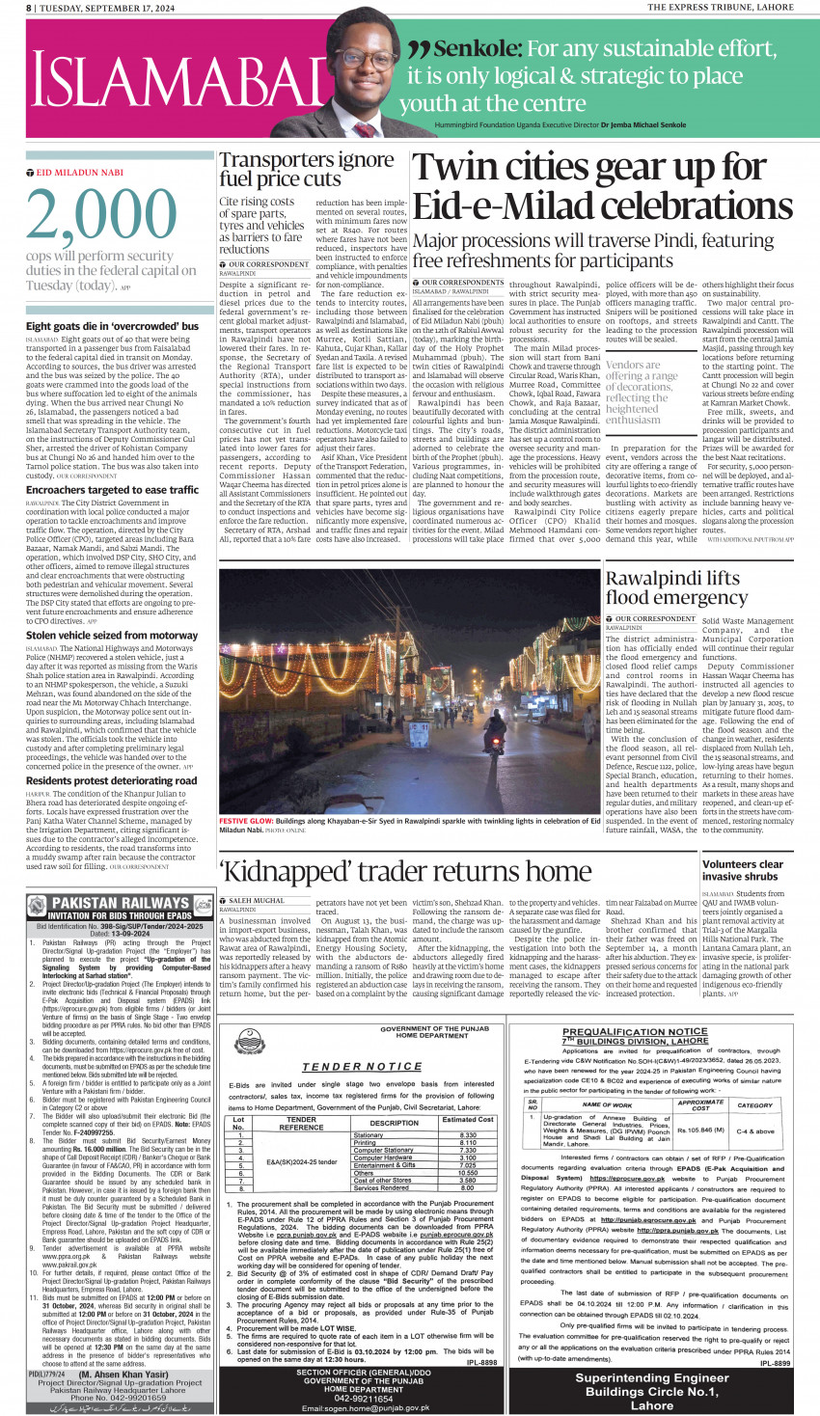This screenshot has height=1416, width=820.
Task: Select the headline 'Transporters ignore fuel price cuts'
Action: [x=306, y=169]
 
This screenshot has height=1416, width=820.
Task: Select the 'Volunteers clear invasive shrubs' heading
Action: [x=742, y=870]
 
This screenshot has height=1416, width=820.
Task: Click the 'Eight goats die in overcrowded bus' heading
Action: [x=112, y=326]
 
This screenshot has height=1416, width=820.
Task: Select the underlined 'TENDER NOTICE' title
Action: [x=361, y=1067]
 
